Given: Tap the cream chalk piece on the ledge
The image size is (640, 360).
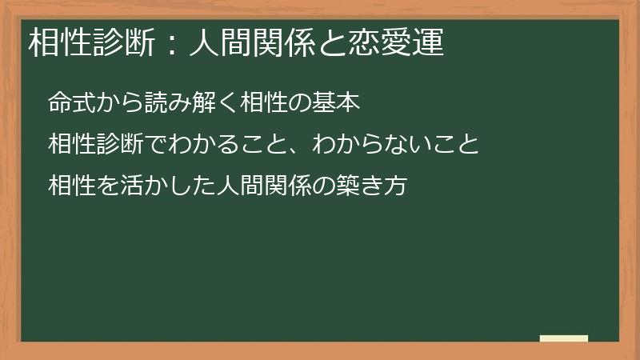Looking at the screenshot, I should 564,339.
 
